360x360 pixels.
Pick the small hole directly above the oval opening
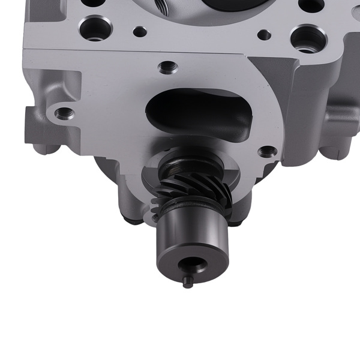coord(165,67)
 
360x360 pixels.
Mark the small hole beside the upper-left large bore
coord(139,31)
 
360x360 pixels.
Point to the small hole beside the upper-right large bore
coord(262,34)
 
